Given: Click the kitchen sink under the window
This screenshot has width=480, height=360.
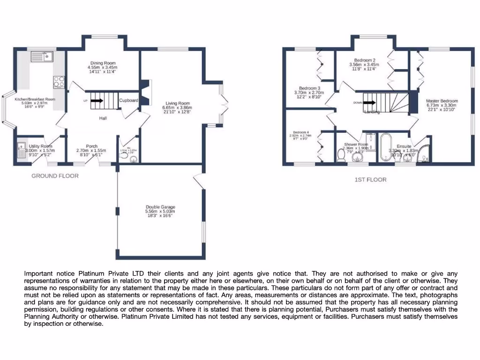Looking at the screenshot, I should coord(42,57).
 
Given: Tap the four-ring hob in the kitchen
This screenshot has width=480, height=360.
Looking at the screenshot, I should coord(60,82).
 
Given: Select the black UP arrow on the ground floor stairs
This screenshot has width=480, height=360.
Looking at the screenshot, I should coord(97,100).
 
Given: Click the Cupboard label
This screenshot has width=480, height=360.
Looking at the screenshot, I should coord(128,101).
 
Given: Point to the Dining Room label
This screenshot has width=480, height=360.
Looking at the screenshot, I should coord(102,63).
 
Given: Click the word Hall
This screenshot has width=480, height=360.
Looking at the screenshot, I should coord(103,118).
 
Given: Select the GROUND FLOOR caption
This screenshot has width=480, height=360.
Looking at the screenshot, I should coord(55,176).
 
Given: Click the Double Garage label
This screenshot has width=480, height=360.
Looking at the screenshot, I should coord(160,207).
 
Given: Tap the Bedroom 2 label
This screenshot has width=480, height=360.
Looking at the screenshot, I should coord(364,60).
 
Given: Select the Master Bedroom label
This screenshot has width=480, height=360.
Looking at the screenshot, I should coord(442,101).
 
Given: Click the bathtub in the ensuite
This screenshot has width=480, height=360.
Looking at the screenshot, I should coord(386,147).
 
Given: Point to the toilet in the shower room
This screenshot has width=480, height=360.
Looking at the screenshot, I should coord(342,154).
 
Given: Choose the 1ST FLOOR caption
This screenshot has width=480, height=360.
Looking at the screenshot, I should coord(371,180).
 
